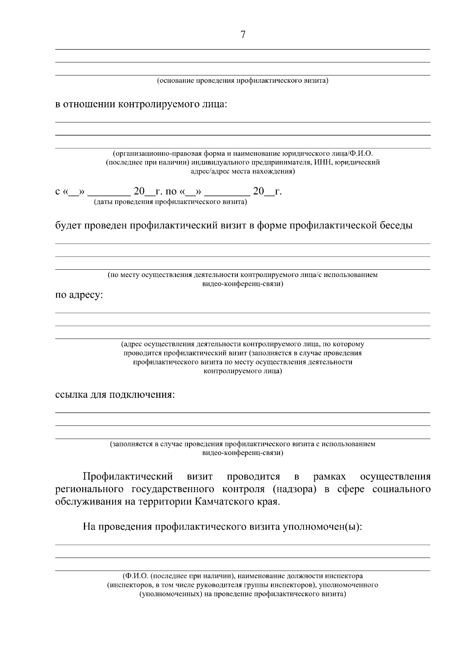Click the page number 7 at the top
243,35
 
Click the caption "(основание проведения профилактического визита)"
242,81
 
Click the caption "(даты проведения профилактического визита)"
171,202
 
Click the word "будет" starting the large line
68,226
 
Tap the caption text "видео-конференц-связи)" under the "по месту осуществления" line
243,284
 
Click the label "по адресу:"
79,296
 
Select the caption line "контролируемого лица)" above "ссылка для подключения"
243,371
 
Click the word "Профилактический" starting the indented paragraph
128,476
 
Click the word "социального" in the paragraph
401,489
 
